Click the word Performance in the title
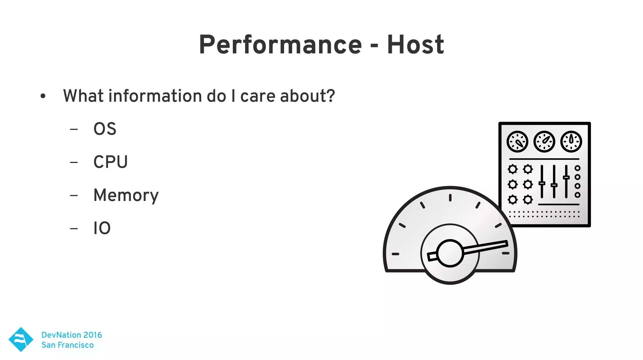[x=280, y=45]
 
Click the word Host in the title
[x=415, y=45]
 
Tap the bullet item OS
[x=105, y=129]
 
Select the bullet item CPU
[x=111, y=162]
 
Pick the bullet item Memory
[x=126, y=195]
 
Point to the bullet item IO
[x=102, y=228]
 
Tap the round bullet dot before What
[x=43, y=96]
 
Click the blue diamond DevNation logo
[x=21, y=339]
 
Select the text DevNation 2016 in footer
[x=72, y=335]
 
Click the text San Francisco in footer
[x=68, y=345]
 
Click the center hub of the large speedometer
[x=450, y=254]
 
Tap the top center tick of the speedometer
[x=450, y=198]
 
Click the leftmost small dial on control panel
[x=517, y=142]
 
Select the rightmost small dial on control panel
[x=571, y=142]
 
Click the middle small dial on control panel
[x=544, y=142]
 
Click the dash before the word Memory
[x=74, y=196]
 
